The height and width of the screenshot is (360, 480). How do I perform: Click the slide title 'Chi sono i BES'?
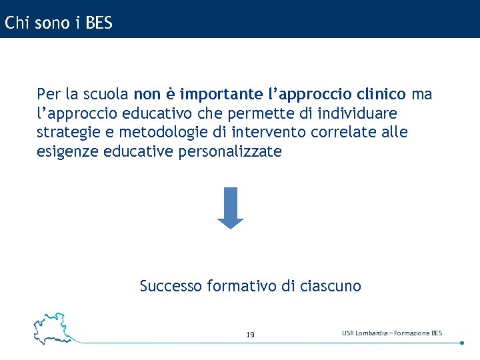click(x=58, y=23)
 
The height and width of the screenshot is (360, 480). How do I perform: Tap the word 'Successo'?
click(x=171, y=287)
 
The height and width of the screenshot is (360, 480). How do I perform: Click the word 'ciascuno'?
click(x=331, y=287)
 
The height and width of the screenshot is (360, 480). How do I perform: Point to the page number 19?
click(x=250, y=335)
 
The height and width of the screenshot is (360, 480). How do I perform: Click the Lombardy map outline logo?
click(x=53, y=327)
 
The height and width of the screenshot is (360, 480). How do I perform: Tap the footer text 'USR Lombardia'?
click(x=366, y=333)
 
